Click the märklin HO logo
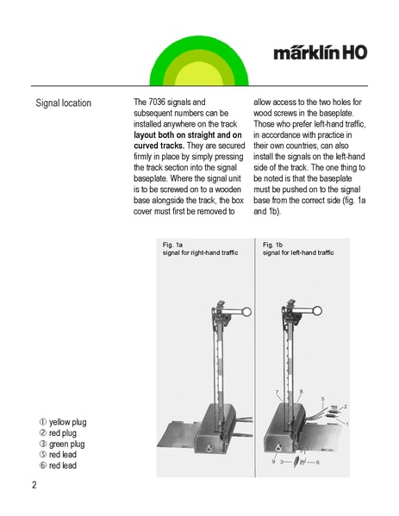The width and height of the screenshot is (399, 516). pos(320,53)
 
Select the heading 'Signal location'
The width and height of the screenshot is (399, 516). pos(64,103)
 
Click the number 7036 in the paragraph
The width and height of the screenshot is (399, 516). pos(157,102)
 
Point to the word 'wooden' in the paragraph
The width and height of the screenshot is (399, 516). pos(228,190)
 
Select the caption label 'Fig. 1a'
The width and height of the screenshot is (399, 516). pos(172,245)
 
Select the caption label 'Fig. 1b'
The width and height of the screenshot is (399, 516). pos(272,245)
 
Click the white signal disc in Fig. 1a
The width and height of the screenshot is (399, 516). pos(246,312)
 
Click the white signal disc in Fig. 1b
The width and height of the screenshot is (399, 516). pos(317,311)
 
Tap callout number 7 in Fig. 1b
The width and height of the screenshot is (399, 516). pos(277,392)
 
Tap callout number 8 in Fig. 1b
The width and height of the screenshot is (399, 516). pos(301,392)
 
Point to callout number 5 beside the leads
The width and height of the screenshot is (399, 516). pos(322,399)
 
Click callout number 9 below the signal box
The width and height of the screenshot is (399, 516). pos(273,462)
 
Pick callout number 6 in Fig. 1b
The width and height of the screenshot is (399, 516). pos(317,462)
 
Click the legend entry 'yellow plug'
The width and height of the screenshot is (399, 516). pos(63,422)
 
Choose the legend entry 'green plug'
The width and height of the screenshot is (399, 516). pos(62,444)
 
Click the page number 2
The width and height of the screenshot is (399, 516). pos(34,485)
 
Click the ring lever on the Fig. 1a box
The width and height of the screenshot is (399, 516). pos(209,448)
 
